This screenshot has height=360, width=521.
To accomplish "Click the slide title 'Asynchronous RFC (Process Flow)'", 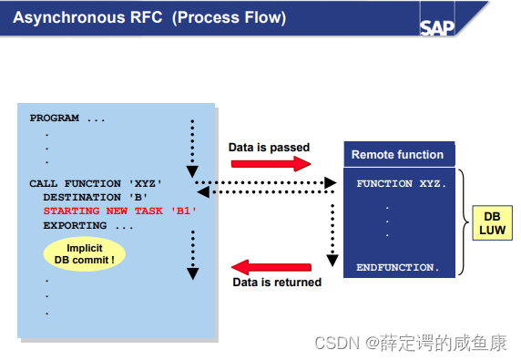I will pos(149,18).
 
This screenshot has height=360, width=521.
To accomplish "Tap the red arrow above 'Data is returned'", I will pos(271,267).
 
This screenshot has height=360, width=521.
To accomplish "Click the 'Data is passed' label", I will pos(269,147).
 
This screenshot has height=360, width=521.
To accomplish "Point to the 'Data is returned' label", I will pos(277,283).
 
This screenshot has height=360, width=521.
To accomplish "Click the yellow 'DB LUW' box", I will pos(492,222).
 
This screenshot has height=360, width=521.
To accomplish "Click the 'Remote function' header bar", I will pos(397,155).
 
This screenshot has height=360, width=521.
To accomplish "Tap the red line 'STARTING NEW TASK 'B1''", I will pos(119,211).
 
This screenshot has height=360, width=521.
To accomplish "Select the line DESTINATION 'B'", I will pos(96,197).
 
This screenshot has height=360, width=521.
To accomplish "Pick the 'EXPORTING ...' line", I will pos(88,224).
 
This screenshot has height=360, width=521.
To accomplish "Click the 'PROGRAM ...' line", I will pos(67,118).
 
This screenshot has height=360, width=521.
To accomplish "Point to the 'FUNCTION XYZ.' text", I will pos(401,184).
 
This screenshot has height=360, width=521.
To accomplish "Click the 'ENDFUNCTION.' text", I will pos(399,268).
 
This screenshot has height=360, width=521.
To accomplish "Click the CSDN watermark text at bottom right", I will pos(410,343).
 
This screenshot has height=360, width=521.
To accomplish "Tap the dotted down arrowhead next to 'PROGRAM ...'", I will pos(192,170).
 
